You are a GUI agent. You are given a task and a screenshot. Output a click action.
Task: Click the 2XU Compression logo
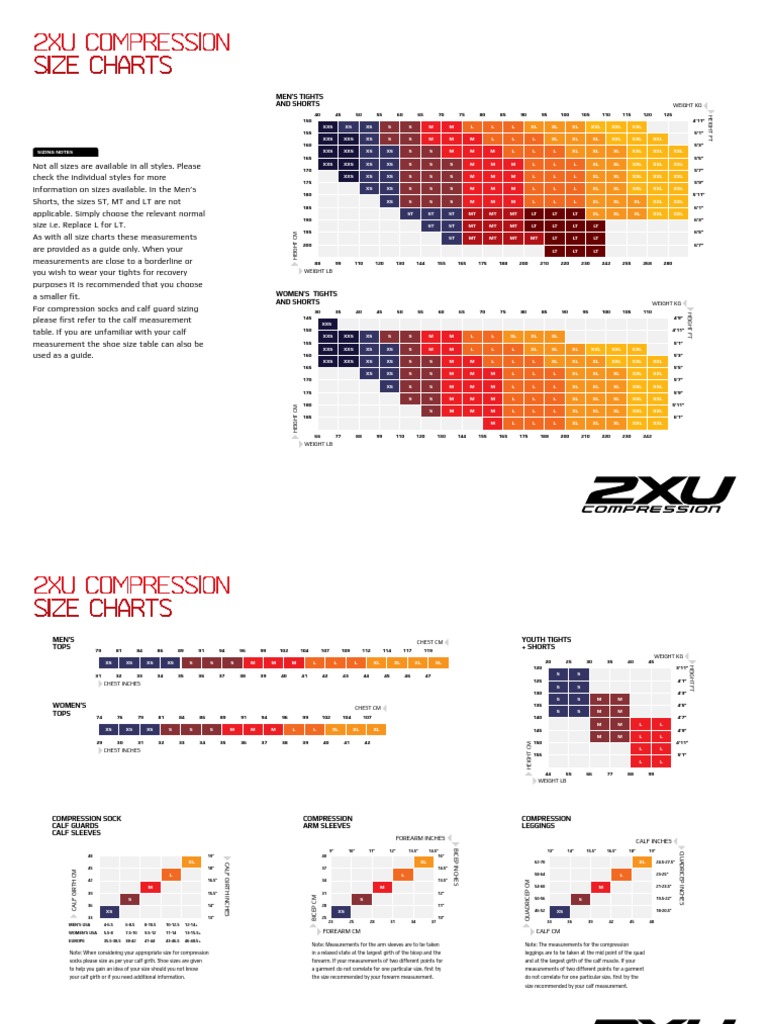pos(653,494)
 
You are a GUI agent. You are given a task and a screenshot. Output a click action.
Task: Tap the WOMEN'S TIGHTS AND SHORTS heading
pos(305,297)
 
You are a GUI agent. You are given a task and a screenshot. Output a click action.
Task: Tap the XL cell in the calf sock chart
pos(190,862)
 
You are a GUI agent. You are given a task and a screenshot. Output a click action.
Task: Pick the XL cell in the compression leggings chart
pos(640,862)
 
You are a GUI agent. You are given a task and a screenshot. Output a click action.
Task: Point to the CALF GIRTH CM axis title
pos(73,884)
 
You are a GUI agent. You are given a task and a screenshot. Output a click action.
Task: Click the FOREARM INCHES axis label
pos(420,838)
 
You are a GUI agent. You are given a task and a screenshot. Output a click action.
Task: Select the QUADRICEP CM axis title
pos(527,886)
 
